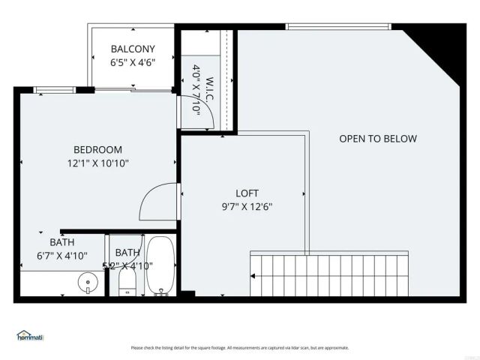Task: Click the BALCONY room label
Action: point(133,49)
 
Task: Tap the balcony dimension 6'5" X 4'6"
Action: point(133,63)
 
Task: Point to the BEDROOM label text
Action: point(97,150)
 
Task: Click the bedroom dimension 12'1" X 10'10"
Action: point(98,163)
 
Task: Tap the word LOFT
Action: point(247,192)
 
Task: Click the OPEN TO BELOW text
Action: point(378,139)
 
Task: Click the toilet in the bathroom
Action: point(127,281)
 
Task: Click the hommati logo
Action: point(30,335)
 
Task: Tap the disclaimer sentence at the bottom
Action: point(239,348)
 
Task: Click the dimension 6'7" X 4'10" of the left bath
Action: point(62,256)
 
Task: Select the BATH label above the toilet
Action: point(128,253)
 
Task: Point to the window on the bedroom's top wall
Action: point(49,90)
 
